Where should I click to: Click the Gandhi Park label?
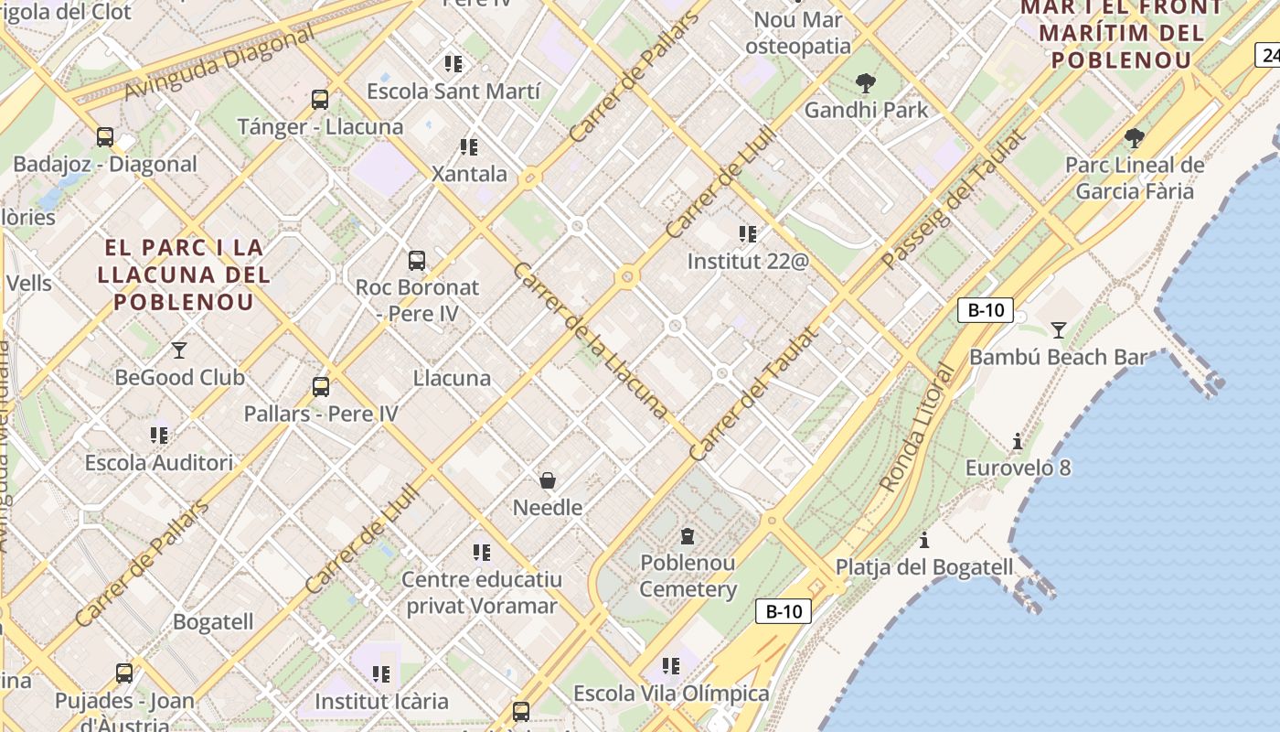coord(866,110)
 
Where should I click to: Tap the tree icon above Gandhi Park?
coord(866,84)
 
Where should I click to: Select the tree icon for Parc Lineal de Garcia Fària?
coord(1135,138)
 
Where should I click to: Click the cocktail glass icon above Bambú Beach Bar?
coord(1059,329)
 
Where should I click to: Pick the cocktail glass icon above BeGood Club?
coord(179,350)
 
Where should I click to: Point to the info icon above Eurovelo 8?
coord(1018,442)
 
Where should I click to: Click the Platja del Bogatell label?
coord(924,567)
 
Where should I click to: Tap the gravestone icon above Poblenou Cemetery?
coord(688,536)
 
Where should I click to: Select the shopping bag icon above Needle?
coord(548,480)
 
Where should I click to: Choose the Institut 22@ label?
coord(748,261)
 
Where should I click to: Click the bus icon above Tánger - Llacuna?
coord(320,100)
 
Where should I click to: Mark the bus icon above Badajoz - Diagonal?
coord(105,137)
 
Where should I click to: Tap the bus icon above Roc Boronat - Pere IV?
coord(417,261)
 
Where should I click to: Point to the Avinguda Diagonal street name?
coord(219,62)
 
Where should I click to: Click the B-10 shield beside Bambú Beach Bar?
coord(986,310)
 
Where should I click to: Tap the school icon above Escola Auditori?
coord(159,436)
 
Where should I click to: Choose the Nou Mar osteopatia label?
coord(798,32)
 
